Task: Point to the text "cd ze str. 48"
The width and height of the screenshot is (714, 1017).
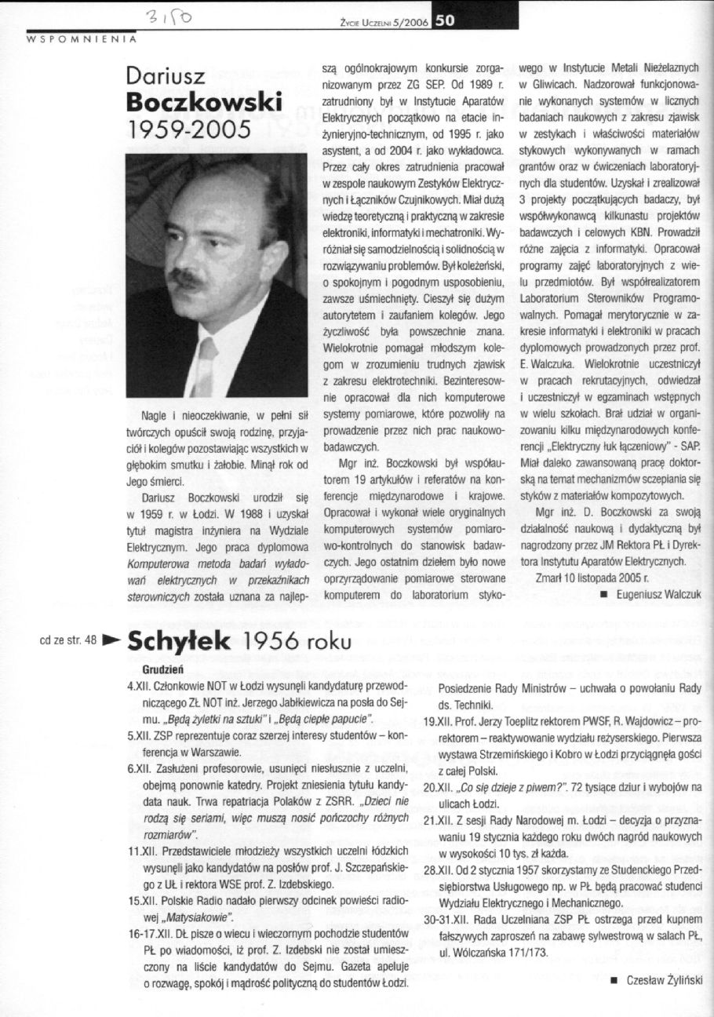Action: tap(67, 640)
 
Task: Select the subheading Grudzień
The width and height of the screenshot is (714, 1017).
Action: tap(162, 671)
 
